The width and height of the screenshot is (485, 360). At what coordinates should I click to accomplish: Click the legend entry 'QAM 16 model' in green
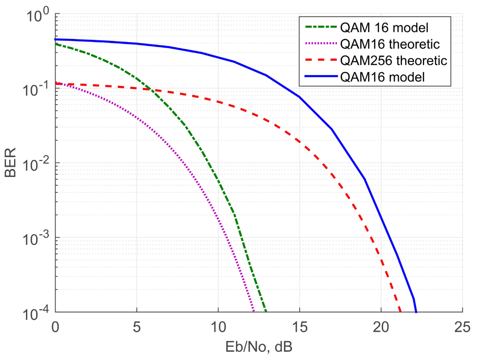pyautogui.click(x=385, y=28)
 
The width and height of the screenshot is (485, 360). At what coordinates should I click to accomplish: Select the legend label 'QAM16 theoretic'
pyautogui.click(x=390, y=44)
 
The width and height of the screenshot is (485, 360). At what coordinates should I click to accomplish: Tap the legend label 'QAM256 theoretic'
pyautogui.click(x=394, y=60)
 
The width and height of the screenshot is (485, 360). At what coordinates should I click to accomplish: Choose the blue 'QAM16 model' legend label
pyautogui.click(x=383, y=76)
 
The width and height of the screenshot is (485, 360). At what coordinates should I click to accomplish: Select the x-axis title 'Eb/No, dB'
pyautogui.click(x=258, y=347)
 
